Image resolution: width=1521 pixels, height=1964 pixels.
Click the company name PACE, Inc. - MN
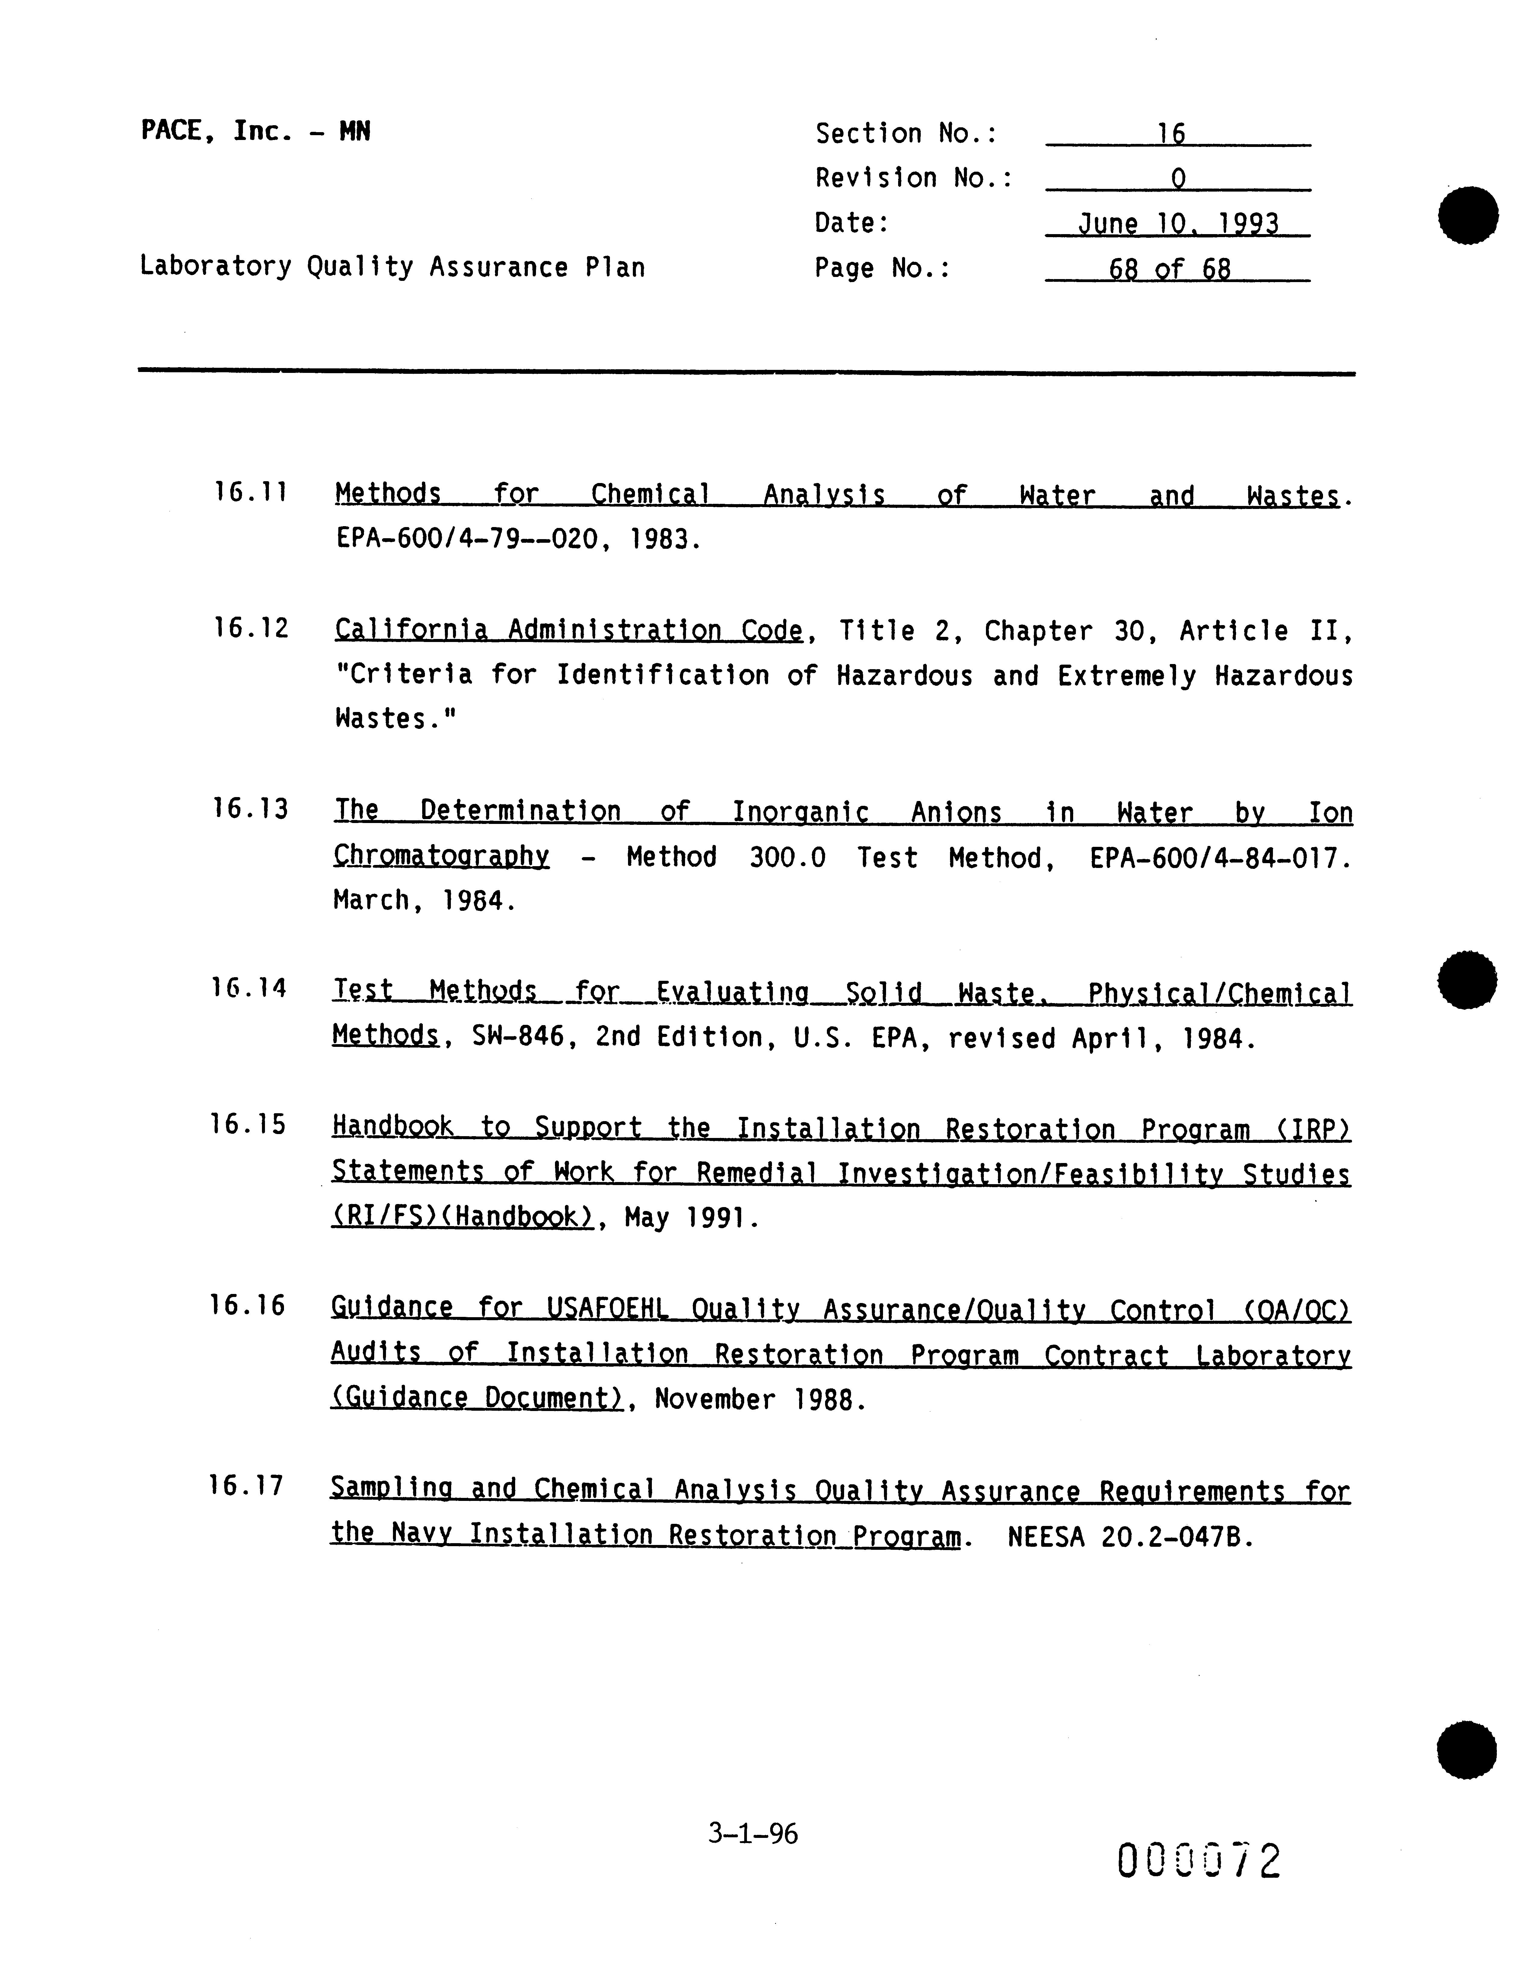coord(255,132)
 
